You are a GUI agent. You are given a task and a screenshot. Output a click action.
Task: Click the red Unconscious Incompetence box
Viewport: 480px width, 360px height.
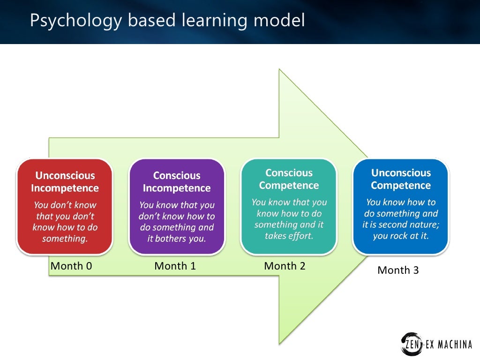[65, 206]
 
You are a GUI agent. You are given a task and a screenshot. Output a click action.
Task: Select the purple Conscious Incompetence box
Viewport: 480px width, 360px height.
[177, 206]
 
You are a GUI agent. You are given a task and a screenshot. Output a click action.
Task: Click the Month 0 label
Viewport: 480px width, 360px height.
[71, 267]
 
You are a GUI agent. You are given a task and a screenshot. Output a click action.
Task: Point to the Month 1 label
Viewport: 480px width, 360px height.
[175, 267]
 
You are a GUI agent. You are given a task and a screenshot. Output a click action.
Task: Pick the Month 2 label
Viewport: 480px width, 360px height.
[285, 266]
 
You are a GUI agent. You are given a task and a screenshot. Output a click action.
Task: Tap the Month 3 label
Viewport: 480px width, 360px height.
[398, 270]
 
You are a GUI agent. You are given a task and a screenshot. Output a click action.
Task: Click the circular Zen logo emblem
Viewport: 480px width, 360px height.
[411, 344]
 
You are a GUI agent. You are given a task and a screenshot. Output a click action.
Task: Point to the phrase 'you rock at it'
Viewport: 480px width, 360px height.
[401, 236]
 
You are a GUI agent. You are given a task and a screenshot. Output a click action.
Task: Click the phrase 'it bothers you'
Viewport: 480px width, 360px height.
[177, 239]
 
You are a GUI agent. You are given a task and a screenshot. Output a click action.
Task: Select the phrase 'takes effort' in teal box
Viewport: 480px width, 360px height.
[289, 236]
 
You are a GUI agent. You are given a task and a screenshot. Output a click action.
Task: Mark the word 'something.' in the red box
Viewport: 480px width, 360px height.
[65, 239]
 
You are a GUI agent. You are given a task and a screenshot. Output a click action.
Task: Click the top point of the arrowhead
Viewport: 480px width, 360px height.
[280, 70]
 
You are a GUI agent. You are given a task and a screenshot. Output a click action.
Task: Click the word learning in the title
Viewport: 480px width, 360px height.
[217, 21]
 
